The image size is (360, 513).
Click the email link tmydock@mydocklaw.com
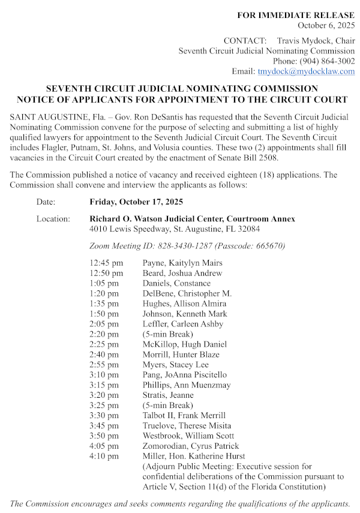306,71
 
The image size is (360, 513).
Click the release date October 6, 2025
326,25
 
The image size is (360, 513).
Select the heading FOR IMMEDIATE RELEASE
296,15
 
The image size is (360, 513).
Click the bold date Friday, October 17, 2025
136,202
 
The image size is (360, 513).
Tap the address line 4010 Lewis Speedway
175,229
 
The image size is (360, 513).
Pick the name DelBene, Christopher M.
187,293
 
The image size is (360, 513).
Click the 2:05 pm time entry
104,324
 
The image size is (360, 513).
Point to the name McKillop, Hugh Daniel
185,344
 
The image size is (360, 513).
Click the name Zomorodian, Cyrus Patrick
191,446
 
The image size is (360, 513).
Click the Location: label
53,219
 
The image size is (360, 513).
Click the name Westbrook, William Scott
188,436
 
